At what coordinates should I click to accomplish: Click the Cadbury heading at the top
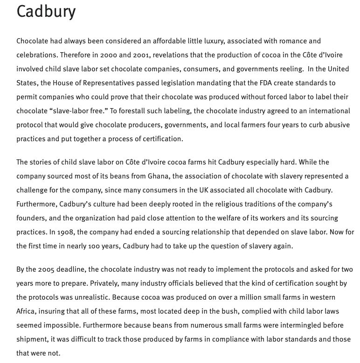point(46,11)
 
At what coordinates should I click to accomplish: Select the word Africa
point(27,311)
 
